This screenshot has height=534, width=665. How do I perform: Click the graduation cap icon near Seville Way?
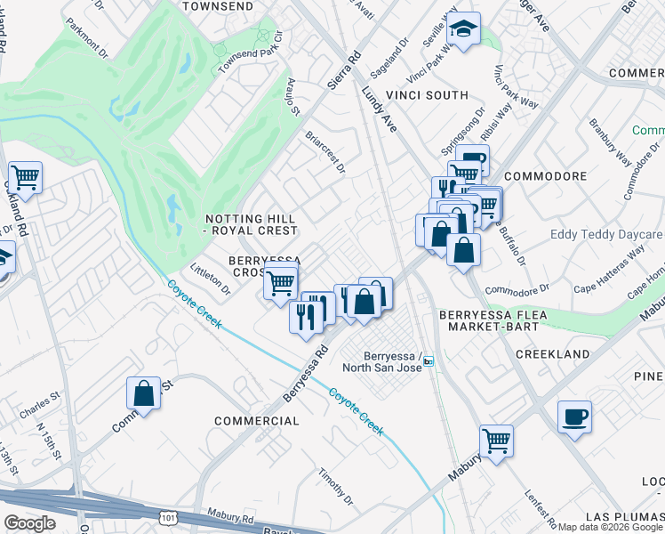click(x=462, y=29)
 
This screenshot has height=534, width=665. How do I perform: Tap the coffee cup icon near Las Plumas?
click(x=574, y=417)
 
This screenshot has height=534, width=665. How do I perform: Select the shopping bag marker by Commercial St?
click(x=143, y=393)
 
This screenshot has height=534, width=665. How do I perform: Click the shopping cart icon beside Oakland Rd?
click(x=26, y=177)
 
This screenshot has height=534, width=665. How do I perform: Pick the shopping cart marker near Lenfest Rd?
click(x=496, y=440)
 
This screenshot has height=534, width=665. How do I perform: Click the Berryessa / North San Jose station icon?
click(x=429, y=360)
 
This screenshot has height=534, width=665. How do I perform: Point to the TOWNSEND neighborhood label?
click(x=212, y=6)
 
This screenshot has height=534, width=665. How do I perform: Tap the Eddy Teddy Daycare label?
click(x=607, y=235)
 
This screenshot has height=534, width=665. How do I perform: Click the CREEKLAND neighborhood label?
click(x=553, y=354)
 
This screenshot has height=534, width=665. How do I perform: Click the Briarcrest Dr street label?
click(x=324, y=153)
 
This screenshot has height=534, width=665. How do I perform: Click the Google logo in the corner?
click(x=29, y=523)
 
